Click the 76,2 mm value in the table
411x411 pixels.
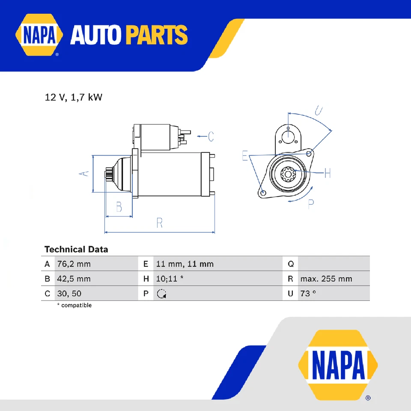click(74, 264)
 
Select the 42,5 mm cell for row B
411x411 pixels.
click(74, 279)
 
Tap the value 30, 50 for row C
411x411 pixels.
click(69, 294)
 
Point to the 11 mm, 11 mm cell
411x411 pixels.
click(185, 264)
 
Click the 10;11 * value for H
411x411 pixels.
click(170, 279)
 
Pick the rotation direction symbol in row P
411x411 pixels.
click(161, 294)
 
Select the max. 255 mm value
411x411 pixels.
click(326, 279)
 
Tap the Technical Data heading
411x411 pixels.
click(76, 249)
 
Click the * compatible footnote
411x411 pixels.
click(74, 305)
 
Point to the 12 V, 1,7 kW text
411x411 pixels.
click(74, 98)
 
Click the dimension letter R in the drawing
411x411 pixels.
click(159, 223)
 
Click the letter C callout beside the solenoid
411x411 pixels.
click(210, 137)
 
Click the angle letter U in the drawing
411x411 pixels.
click(319, 110)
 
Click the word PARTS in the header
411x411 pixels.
click(157, 36)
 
